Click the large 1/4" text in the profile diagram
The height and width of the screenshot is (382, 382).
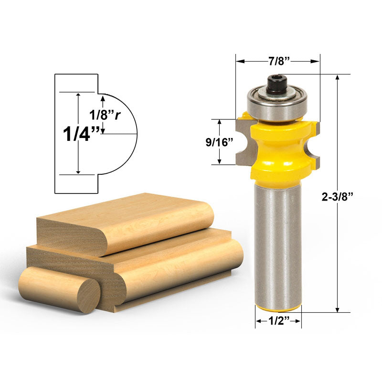(x=81, y=134)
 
